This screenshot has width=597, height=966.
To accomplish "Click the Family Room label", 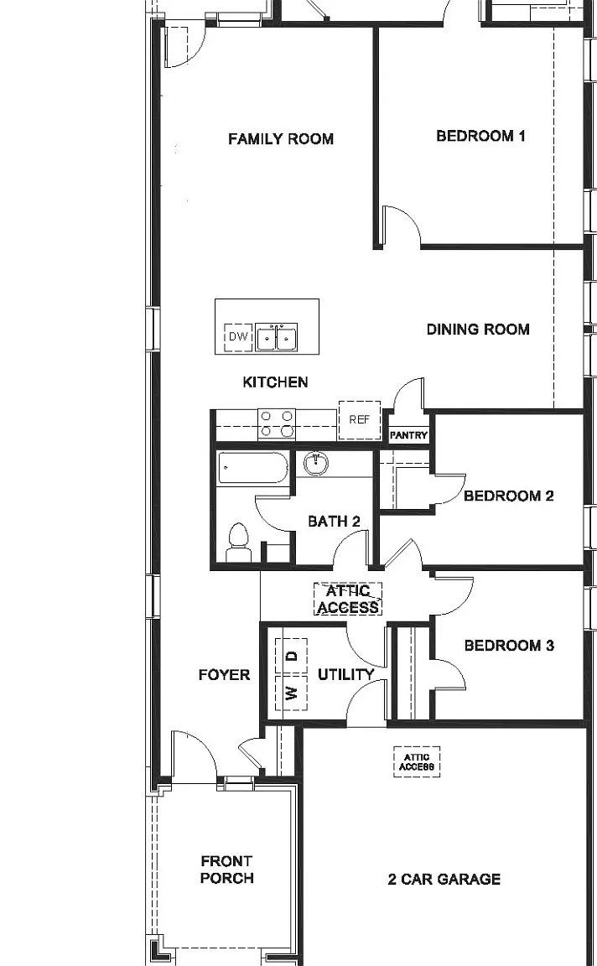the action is tap(281, 138).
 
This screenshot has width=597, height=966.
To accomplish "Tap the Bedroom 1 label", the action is tap(480, 136).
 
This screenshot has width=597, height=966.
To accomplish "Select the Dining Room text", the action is tap(478, 329).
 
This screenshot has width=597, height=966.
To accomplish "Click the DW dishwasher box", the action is tap(238, 337).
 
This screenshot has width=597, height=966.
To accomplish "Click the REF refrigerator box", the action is tap(359, 419).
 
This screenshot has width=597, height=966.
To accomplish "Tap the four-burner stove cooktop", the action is tap(277, 423).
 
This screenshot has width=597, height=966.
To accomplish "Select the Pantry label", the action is tap(408, 435).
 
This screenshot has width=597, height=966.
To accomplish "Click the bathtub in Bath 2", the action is tap(252, 468).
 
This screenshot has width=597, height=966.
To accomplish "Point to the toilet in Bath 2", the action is tap(238, 543).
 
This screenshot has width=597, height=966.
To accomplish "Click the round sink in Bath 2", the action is tap(315, 464).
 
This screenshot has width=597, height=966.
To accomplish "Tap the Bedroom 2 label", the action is tap(509, 496).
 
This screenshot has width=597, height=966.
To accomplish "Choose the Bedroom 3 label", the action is tap(510, 645).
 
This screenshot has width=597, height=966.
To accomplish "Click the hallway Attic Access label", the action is tap(348, 600).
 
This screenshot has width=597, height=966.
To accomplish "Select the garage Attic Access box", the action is tap(417, 762).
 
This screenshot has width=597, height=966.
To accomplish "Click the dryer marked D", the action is tap(291, 657).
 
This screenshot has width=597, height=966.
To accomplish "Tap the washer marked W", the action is tap(291, 693).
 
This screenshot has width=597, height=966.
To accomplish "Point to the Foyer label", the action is tap(224, 675).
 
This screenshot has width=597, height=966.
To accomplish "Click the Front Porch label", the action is tap(226, 870).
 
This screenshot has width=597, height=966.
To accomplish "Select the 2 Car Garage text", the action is tap(444, 879).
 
